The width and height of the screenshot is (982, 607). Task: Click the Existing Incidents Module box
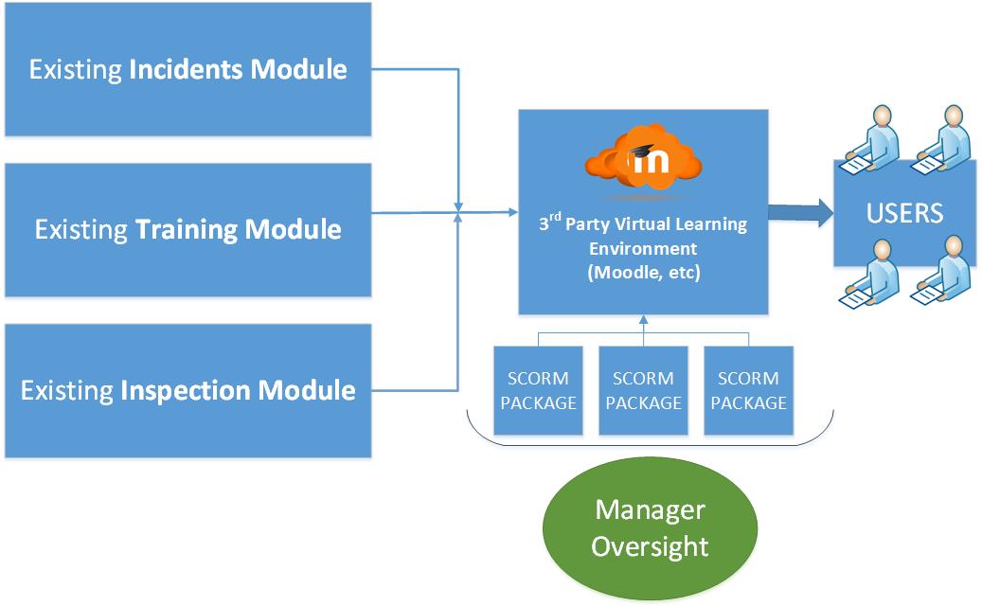coord(187,69)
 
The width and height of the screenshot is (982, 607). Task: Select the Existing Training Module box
coord(187,230)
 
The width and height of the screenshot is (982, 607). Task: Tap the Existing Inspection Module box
coord(187,390)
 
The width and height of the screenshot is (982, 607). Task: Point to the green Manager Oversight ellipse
coord(650,528)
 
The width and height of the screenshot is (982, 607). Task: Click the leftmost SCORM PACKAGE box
coord(538,390)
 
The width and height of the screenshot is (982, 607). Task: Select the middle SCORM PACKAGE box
coord(643,390)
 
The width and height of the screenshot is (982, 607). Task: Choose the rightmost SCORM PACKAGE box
coord(748,390)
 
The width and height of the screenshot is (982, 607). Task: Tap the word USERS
coord(904,213)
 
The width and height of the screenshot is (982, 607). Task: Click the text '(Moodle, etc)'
coord(643,272)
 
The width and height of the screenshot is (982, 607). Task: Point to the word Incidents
coord(190,69)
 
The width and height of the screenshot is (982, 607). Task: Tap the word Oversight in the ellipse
coord(650,546)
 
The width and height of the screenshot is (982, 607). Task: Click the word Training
coord(187,230)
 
